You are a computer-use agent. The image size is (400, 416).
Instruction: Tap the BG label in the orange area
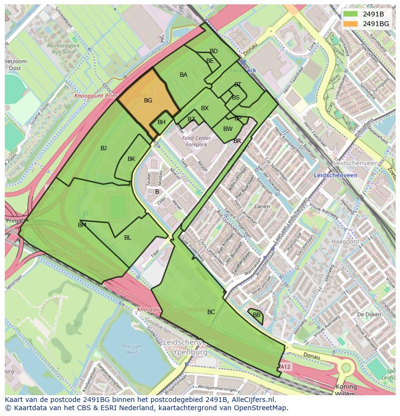click(x=148, y=100)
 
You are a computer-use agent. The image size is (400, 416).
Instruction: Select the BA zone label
click(x=183, y=75)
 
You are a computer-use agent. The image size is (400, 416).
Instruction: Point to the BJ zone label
click(x=103, y=148)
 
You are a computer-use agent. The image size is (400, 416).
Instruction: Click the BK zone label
click(x=131, y=159)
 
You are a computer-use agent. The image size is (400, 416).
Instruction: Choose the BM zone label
click(x=82, y=225)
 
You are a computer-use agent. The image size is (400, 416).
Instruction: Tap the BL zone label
click(x=128, y=238)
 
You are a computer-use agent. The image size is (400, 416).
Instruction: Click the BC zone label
click(x=211, y=312)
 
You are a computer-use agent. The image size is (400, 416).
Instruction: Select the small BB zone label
click(x=257, y=315)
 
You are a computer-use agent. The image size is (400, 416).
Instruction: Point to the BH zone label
click(x=161, y=122)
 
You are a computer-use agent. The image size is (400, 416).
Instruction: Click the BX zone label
click(x=205, y=108)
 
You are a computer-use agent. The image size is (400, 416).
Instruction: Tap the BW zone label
click(x=228, y=129)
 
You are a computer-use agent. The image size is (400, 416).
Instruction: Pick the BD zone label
click(x=214, y=51)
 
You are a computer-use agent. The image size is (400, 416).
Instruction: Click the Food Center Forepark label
click(x=194, y=141)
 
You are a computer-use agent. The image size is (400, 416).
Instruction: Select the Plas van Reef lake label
click(x=131, y=349)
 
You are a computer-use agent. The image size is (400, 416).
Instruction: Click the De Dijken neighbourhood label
click(x=366, y=315)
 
